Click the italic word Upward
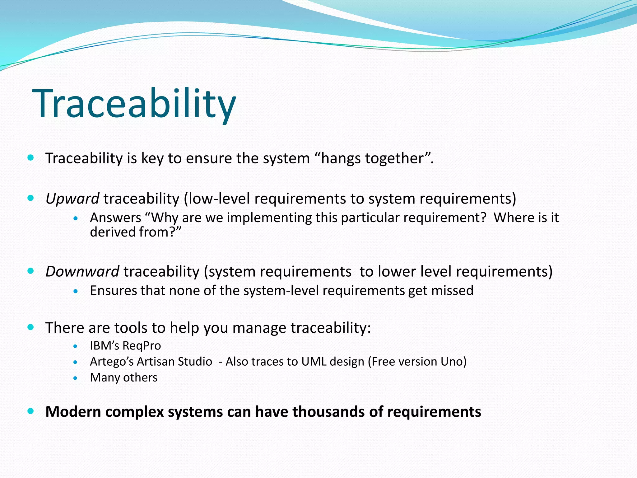coord(72,199)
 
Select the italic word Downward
coord(82,271)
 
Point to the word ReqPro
coord(142,346)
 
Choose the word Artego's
coord(112,362)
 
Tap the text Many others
coord(123,377)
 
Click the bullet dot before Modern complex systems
coord(30,411)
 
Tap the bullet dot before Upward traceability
coord(30,198)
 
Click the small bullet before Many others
coord(75,378)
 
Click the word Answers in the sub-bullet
coord(115,218)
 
